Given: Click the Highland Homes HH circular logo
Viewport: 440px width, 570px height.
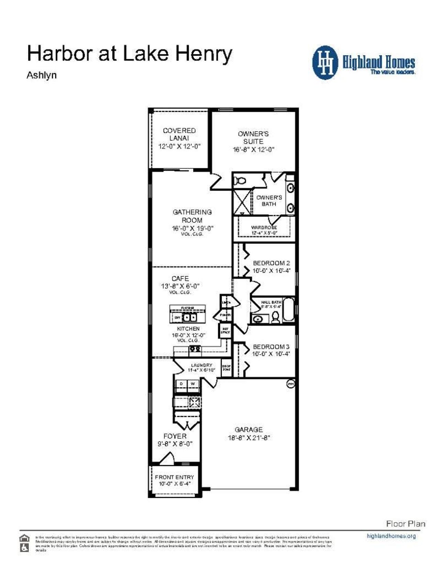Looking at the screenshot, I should click(x=325, y=63).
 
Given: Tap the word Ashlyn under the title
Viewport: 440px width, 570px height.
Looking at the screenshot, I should click(x=42, y=75).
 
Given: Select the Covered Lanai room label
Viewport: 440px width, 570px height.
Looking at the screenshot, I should click(x=179, y=134).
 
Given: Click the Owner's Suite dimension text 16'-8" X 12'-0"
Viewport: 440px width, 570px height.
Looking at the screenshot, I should click(x=253, y=150).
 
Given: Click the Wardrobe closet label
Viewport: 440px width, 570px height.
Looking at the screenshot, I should click(x=264, y=228).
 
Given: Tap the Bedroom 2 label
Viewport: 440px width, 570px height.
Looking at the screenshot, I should click(x=271, y=263).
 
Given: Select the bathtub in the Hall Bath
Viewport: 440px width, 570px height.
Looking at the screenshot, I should click(x=288, y=311).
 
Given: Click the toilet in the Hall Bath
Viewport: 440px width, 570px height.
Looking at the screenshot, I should click(x=275, y=317).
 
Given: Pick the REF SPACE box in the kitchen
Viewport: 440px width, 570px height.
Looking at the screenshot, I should click(x=225, y=331).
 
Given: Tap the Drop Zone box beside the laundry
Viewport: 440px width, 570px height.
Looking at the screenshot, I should click(x=226, y=368).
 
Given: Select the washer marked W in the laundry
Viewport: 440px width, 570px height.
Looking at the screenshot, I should click(x=193, y=384).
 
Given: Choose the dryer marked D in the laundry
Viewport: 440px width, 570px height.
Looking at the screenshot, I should click(x=181, y=384).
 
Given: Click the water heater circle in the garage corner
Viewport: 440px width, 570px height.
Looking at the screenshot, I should click(x=290, y=383).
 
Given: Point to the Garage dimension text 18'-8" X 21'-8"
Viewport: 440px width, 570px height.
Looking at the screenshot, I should click(x=249, y=438).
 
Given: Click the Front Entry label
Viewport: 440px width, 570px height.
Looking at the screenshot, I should click(x=174, y=477).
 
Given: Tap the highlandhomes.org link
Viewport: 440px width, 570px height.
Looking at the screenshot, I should click(x=391, y=536).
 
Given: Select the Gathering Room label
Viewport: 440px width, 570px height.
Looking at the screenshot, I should click(x=192, y=216).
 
